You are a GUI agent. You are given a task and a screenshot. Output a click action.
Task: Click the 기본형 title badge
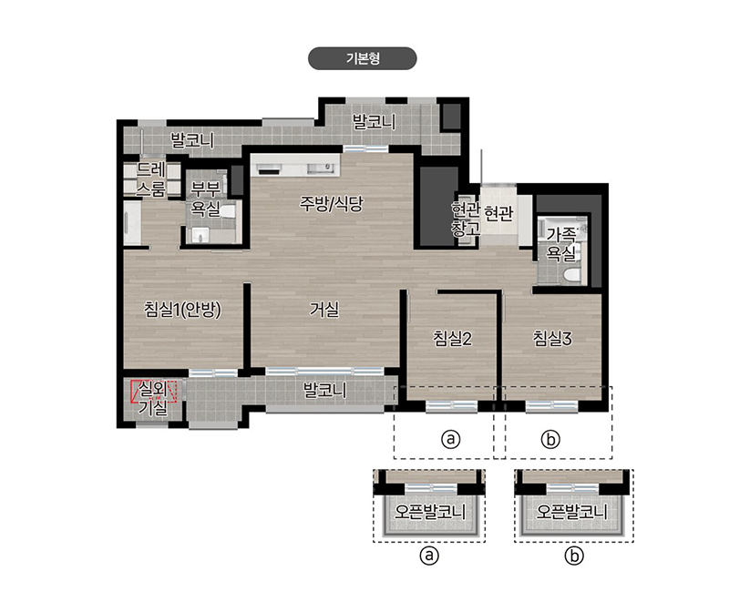362,58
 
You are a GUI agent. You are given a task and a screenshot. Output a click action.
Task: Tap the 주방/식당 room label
331,204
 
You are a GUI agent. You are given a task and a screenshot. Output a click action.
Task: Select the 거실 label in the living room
324,309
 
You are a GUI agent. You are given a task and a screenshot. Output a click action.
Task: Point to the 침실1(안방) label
182,310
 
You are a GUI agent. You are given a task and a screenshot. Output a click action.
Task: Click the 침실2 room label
452,338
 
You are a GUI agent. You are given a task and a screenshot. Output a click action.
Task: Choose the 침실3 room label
552,338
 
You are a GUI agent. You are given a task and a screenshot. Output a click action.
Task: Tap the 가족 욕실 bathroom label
561,244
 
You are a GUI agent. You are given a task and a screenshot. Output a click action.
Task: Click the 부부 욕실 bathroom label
206,199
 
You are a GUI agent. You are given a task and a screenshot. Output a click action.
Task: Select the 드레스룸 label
150,179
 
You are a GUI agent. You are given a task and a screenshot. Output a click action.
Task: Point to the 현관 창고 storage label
466,219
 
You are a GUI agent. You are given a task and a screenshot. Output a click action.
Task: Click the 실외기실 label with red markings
153,398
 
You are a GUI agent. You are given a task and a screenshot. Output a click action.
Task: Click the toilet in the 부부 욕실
228,211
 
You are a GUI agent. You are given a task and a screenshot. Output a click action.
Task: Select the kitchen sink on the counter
321,168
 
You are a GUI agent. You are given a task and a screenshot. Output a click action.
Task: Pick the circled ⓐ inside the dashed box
450,439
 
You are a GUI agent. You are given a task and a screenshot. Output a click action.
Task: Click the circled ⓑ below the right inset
574,556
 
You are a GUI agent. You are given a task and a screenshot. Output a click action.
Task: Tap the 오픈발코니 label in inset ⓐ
429,512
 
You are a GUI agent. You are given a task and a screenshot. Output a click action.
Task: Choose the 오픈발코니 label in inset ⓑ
572,512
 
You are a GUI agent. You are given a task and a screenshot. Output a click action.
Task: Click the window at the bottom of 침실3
552,406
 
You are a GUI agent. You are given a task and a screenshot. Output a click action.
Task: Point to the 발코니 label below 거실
324,390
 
